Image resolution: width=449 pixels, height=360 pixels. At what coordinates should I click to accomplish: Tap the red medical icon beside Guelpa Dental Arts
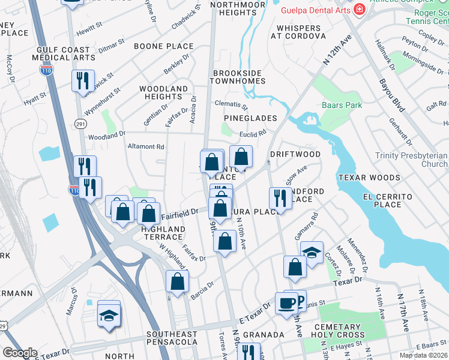coord(359,10)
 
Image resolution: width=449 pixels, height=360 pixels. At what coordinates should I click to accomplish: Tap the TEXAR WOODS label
coord(369,178)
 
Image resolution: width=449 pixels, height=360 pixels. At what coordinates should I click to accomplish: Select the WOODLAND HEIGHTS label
coord(164,92)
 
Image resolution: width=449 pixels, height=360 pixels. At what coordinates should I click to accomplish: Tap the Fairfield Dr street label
coord(179,213)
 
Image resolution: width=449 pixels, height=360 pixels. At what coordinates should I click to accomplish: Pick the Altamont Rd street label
coord(146,146)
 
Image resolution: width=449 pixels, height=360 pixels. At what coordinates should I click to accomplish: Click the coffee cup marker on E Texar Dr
coord(286,302)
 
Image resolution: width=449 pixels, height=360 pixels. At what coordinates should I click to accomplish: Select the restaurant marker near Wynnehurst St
coord(83,80)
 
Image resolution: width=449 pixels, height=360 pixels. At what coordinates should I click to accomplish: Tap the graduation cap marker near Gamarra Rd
coord(312,252)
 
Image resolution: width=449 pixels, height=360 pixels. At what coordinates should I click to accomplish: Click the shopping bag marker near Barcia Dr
coord(178,281)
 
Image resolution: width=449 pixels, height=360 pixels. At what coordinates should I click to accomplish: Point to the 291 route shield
coord(80,123)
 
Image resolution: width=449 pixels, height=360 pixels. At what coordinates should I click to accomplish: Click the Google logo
coord(20,353)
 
